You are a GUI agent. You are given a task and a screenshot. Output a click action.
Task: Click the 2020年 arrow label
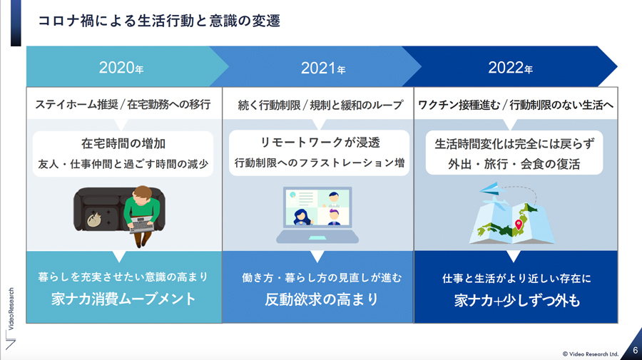point(121,68)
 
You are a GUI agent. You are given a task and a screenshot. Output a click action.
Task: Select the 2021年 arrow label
point(323,68)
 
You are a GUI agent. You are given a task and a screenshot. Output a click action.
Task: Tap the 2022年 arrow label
point(510,68)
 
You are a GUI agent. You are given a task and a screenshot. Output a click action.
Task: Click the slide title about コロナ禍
point(159,21)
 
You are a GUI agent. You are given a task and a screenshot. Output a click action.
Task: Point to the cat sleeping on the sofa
point(94,220)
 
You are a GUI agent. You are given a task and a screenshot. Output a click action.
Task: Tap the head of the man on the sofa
point(143,195)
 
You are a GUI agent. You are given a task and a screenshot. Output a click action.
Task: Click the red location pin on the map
point(519,225)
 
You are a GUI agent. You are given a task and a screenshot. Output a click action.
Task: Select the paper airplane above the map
point(492,189)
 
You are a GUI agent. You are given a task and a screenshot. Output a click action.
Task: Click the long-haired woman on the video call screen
point(302,217)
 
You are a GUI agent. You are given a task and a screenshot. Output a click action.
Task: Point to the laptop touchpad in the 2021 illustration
point(317,238)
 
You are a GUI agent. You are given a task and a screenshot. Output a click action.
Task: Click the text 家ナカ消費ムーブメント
point(123,299)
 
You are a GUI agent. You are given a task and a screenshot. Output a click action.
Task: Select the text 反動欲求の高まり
point(322,299)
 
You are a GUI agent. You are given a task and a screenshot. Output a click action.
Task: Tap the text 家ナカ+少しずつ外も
point(516,301)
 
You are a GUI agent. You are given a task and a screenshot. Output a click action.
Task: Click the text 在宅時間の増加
point(123,143)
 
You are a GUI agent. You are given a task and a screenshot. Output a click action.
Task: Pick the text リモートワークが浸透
point(320,143)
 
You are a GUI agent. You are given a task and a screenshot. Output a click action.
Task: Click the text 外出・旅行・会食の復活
point(514,164)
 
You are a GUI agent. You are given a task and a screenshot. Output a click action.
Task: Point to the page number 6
point(635,351)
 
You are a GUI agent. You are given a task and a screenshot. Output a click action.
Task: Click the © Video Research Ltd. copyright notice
point(590,354)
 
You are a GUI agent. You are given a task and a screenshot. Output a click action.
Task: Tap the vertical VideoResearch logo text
point(11,309)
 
